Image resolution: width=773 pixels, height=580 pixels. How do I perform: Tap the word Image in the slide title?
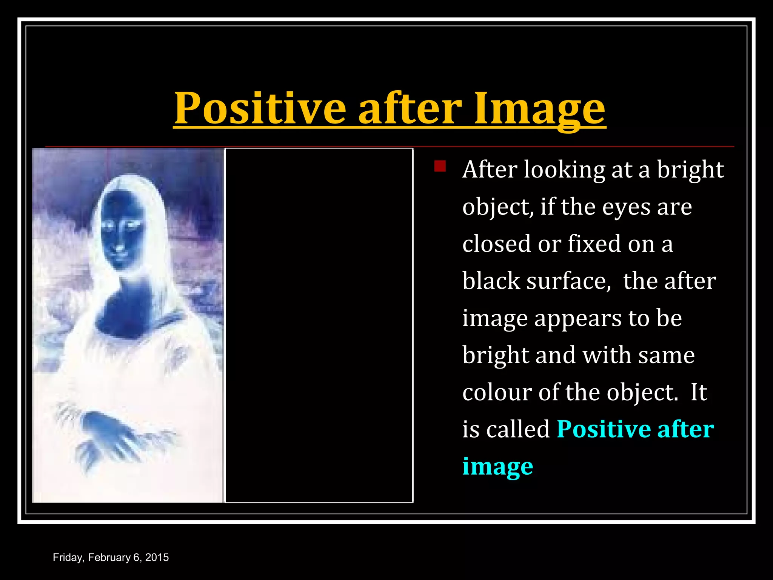tap(540, 108)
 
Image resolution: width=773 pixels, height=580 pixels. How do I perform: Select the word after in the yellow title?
tap(410, 108)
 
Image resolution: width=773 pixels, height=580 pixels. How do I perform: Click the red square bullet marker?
tap(440, 166)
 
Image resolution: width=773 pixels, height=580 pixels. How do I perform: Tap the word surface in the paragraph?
tap(568, 281)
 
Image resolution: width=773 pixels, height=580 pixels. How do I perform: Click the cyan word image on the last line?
tap(497, 467)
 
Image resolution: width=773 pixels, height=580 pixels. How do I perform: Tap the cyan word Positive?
tap(603, 429)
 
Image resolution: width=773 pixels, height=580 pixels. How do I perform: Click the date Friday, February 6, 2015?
tap(111, 557)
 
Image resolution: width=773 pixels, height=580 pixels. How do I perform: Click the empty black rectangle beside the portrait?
tap(319, 325)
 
